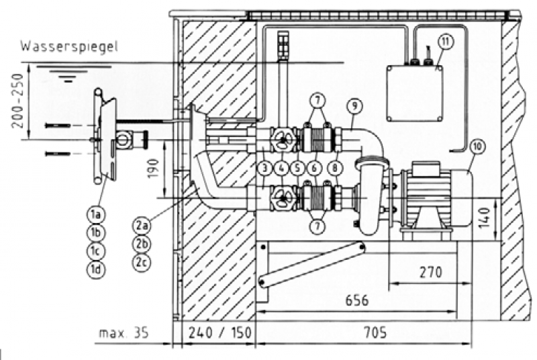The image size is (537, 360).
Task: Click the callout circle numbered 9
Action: tap(354, 105)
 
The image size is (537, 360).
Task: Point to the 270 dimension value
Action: tap(430, 273)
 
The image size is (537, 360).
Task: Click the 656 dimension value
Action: tap(356, 300)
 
